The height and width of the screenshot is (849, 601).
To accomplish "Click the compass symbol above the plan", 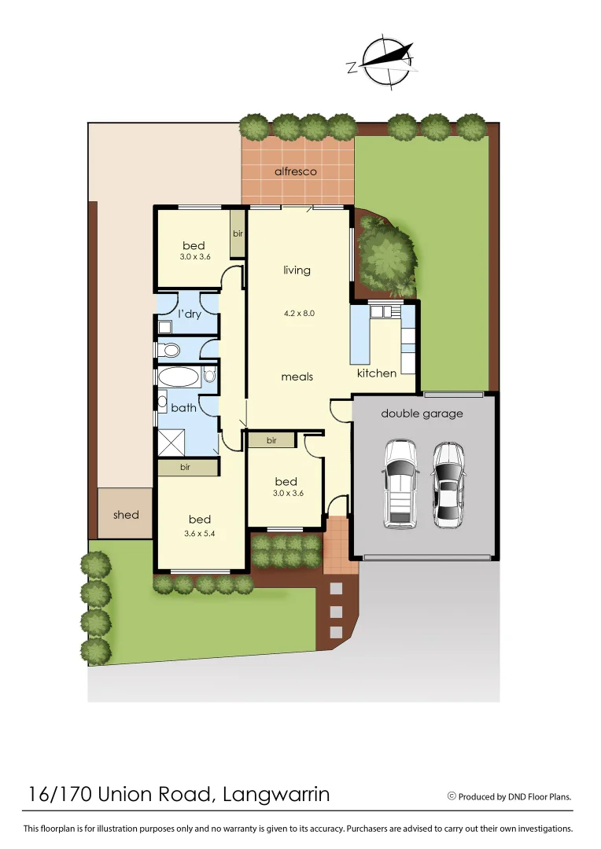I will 381,61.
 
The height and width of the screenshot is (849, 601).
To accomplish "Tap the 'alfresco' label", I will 295,171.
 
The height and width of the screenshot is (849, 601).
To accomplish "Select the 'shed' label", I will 126,515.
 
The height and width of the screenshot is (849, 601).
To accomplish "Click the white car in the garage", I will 400,483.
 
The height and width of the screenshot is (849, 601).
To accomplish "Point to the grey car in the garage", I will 448,484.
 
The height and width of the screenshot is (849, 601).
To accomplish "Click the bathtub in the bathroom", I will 179,377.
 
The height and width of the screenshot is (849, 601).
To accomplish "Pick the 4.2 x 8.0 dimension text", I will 299,313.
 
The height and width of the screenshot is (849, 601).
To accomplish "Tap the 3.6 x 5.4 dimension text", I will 200,534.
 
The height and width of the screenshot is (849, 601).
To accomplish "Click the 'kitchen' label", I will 377,373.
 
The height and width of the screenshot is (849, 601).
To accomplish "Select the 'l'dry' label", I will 190,314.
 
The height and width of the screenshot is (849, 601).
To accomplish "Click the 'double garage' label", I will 422,413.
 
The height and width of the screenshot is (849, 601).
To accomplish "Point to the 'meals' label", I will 297,377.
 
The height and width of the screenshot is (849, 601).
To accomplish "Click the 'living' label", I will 297,270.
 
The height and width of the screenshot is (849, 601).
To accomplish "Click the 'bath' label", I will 184,408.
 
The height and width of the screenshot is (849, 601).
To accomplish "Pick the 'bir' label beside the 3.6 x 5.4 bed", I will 186,467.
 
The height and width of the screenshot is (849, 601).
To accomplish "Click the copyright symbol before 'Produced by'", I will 452,796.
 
